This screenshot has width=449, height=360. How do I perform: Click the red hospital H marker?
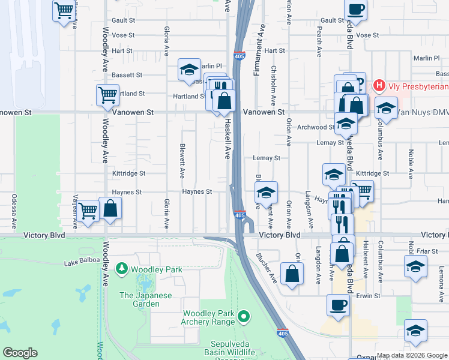[x=379, y=86]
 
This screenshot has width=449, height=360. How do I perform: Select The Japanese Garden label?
[x=145, y=299]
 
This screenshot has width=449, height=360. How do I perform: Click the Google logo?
[x=20, y=353]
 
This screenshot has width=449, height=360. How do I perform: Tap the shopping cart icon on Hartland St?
[x=107, y=94]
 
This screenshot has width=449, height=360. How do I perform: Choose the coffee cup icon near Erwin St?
[x=337, y=304]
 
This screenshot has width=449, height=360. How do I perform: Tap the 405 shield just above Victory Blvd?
[x=240, y=215]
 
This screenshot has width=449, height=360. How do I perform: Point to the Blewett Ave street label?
[x=181, y=161]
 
